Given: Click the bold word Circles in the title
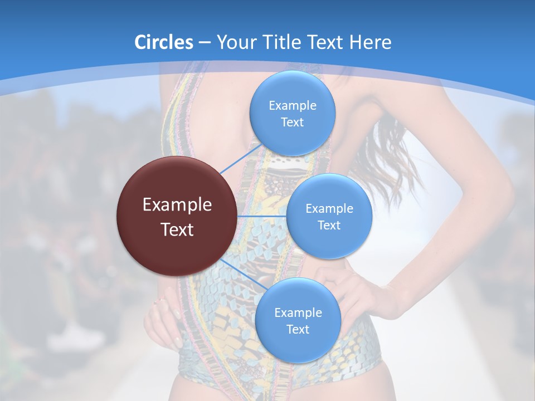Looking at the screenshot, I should point(164,42).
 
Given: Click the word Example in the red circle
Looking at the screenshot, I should point(177,205).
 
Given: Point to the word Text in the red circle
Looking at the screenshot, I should point(177,229).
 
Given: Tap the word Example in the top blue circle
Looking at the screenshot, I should point(292,106).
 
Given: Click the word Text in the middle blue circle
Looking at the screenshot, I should point(329,226).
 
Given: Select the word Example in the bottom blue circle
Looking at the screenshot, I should point(298,313).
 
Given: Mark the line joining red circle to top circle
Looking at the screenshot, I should point(240,158).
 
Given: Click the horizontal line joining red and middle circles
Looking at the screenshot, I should point(261,216).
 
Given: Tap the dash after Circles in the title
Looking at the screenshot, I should point(205,42).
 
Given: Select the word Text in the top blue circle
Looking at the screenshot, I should point(292,123).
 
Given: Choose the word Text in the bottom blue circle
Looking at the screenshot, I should point(298,330).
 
